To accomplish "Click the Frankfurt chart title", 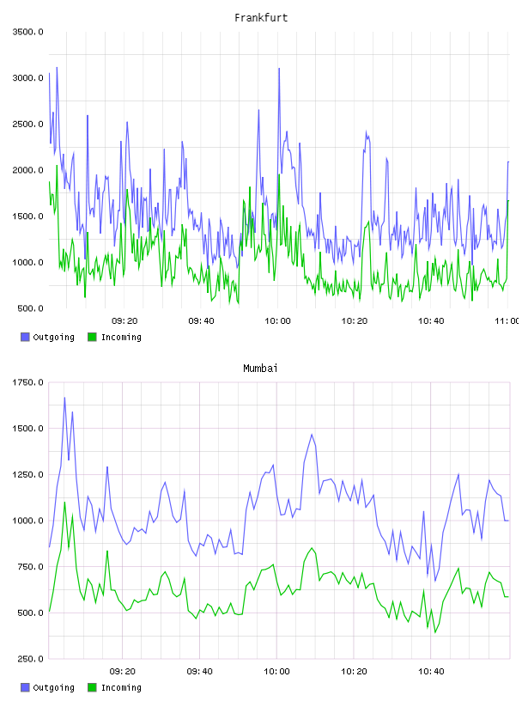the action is (261, 18).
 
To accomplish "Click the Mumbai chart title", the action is (260, 369).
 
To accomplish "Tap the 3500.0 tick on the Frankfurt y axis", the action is (27, 32).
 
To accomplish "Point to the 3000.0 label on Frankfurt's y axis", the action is (27, 78).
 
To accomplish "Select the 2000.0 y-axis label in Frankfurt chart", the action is (27, 170).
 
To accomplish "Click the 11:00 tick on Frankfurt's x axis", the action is (507, 320).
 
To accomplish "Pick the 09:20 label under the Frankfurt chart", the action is (124, 320).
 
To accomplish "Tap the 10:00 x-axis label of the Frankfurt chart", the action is (277, 320).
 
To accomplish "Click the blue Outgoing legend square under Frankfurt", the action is (25, 337).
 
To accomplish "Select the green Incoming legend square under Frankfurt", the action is (92, 337).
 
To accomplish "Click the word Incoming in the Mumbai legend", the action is (121, 687).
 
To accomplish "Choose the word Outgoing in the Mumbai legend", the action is (53, 687).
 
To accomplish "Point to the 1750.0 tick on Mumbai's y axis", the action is (27, 382).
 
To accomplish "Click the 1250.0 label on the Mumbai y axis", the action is (27, 474).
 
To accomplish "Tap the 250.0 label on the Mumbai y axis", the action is (30, 659).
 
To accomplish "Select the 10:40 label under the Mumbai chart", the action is (431, 671).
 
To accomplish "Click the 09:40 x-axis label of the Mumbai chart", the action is (200, 671).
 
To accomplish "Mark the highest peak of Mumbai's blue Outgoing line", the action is (64, 398).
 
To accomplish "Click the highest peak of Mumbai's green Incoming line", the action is (64, 502).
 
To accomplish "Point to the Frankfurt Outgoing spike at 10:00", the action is (279, 69).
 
